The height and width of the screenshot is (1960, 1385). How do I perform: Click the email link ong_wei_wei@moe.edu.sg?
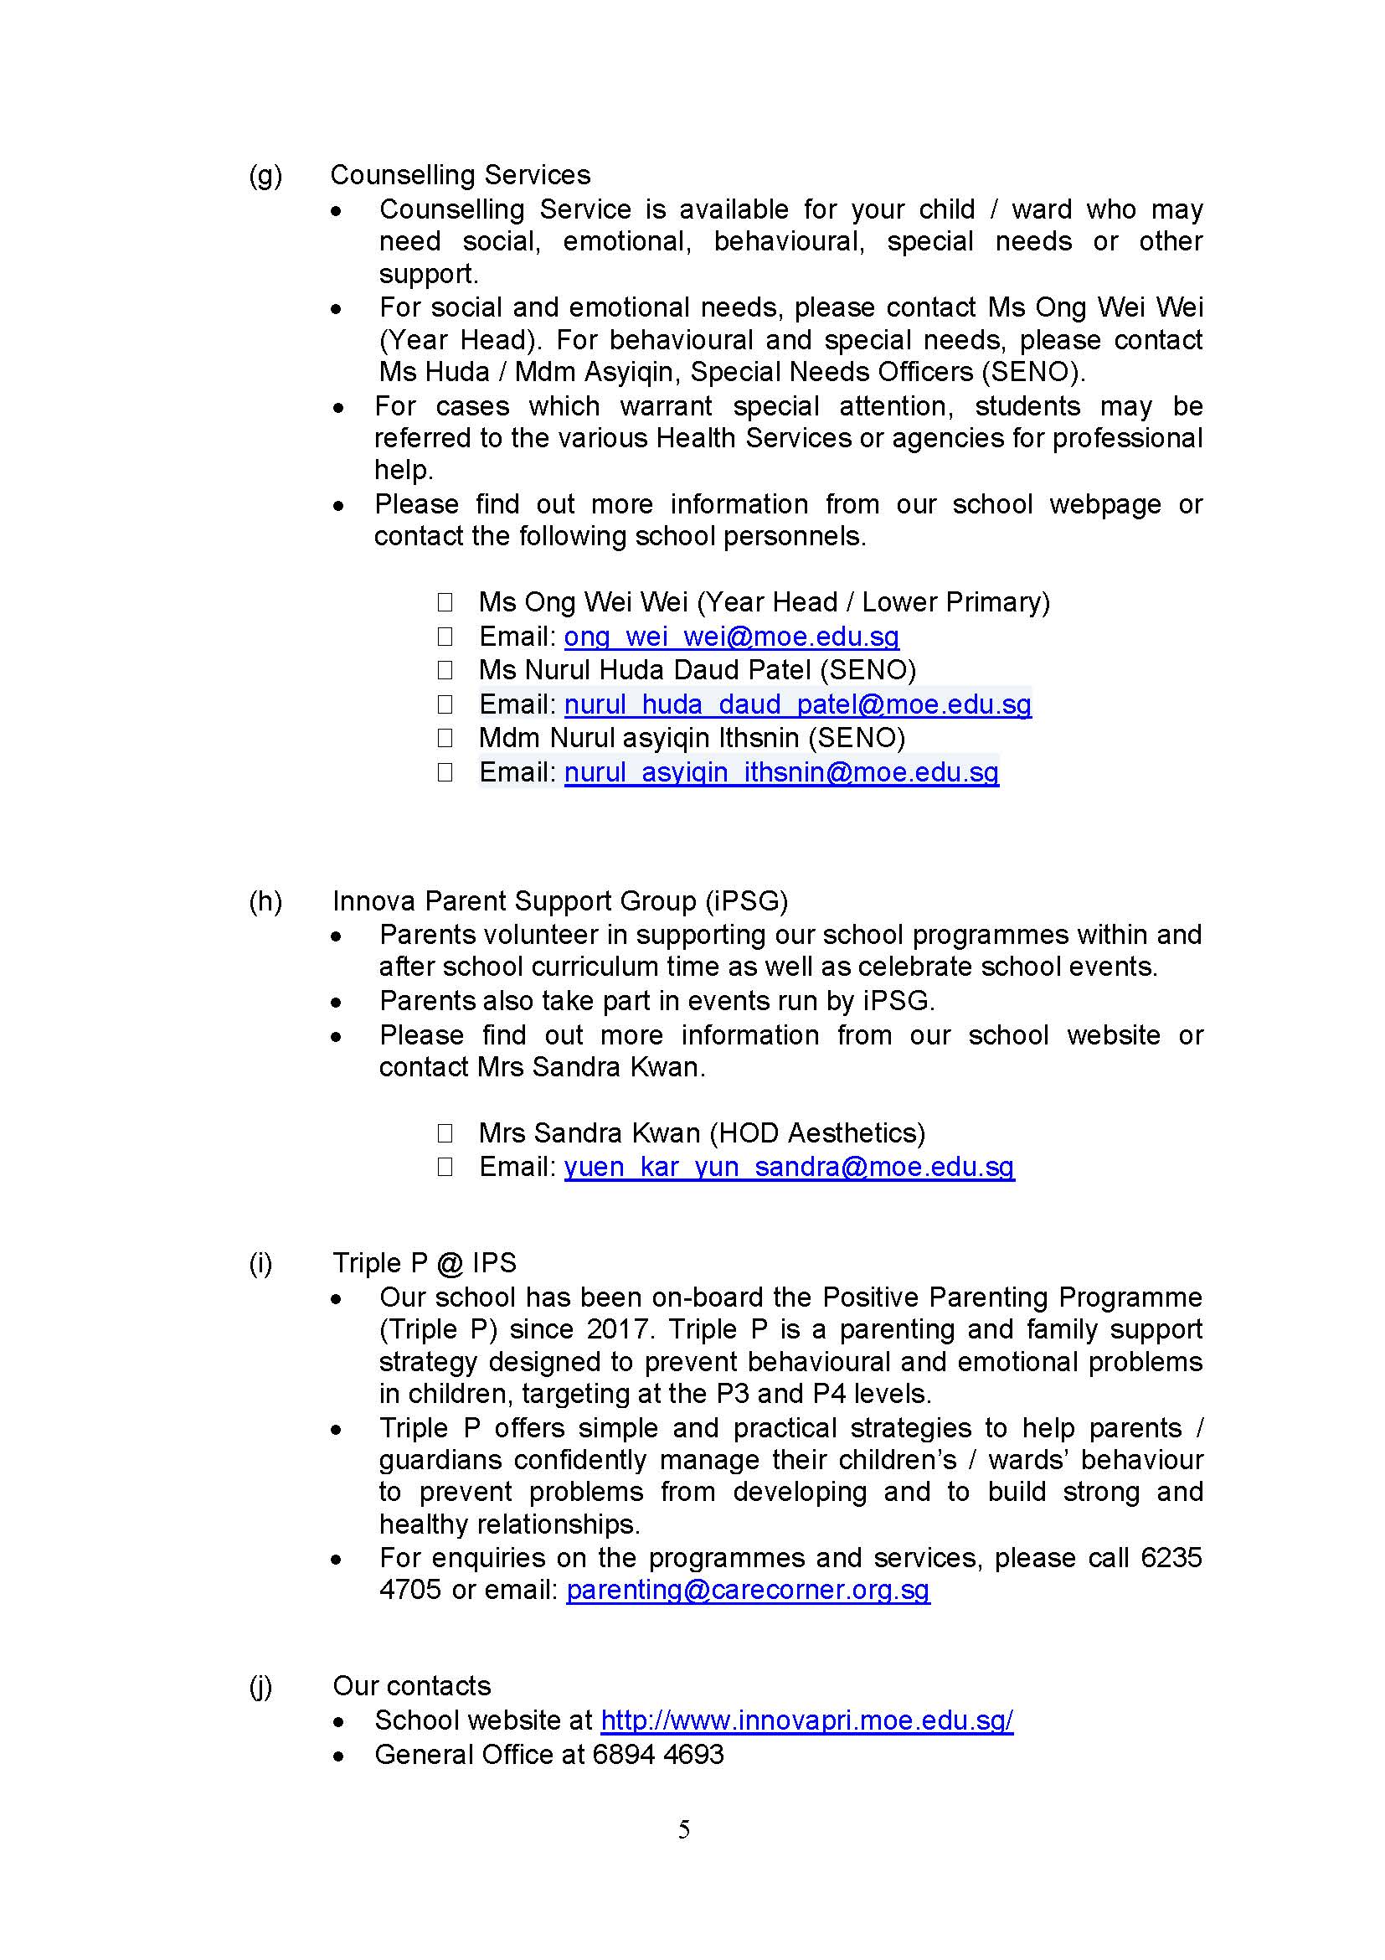[x=731, y=636]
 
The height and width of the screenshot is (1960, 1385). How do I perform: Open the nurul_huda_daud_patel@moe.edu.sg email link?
[x=797, y=704]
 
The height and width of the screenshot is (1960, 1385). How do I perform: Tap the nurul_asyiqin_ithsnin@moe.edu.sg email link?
[x=780, y=771]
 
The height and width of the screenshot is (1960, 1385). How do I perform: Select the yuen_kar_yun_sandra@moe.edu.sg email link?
[x=789, y=1166]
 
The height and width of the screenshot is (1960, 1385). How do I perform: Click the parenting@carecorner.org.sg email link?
[x=748, y=1589]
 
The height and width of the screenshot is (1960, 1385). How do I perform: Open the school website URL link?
[x=806, y=1720]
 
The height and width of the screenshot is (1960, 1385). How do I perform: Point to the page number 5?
[x=683, y=1828]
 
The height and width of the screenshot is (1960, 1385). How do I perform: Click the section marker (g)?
[x=265, y=175]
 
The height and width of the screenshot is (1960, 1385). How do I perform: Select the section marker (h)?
[x=265, y=901]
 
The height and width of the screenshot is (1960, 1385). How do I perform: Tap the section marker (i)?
[x=260, y=1262]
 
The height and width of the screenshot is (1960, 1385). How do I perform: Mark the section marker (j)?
[x=260, y=1685]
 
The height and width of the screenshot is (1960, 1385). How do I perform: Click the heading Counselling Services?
[x=460, y=175]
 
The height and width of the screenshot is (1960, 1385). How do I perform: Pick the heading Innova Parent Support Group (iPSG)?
[x=560, y=901]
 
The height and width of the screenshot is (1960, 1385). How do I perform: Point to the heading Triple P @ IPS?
[x=424, y=1262]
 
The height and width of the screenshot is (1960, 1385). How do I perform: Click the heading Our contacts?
[x=411, y=1685]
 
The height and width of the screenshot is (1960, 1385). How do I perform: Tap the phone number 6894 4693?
[x=658, y=1753]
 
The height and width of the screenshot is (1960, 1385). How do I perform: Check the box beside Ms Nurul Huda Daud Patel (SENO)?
[x=445, y=670]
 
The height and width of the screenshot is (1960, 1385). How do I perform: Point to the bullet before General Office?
[x=339, y=1755]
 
